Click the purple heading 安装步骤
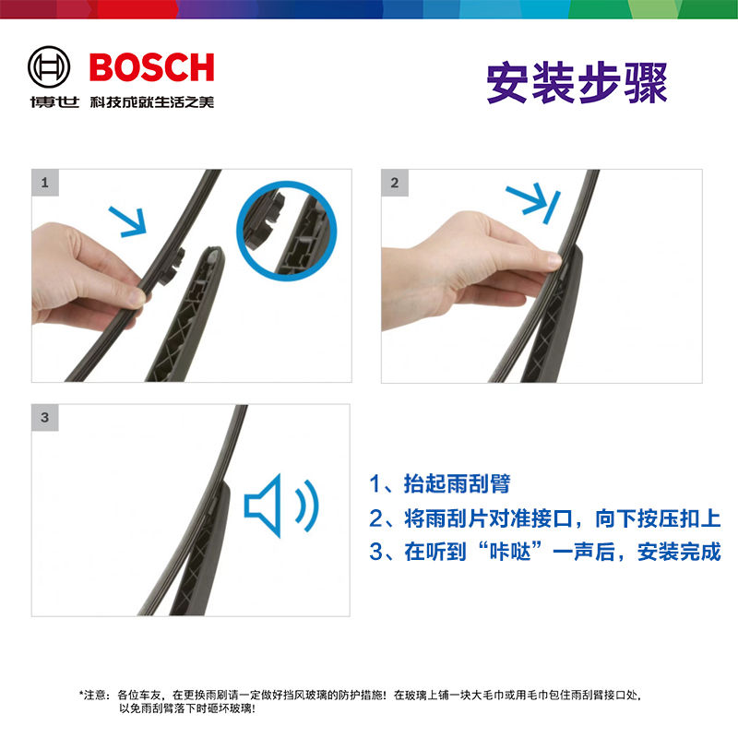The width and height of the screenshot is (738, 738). pos(576,83)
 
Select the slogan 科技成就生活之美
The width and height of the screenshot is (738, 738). pos(150,101)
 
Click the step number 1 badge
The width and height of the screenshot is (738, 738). pos(44,182)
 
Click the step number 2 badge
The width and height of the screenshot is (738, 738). pos(395,182)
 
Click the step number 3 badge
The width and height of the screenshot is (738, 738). pos(44,417)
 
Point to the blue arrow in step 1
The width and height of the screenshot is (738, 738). pos(128,221)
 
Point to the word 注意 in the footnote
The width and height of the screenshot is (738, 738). pos(95,694)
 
